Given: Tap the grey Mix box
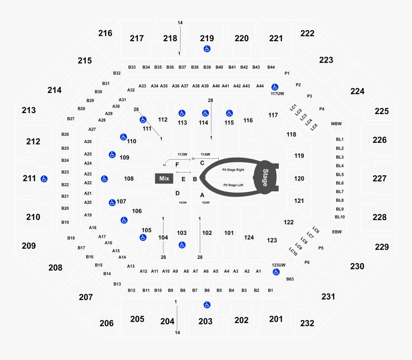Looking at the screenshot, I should click(164, 179).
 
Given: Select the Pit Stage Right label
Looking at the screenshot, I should click(233, 170).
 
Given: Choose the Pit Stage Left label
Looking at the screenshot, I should click(233, 185).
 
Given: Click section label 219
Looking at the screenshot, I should click(207, 38).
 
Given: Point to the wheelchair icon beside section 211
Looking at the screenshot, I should click(44, 179).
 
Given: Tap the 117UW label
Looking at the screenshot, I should click(277, 93).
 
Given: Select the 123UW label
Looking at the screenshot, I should click(278, 265).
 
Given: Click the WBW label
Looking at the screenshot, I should click(336, 124).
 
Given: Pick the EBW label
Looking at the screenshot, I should click(336, 232).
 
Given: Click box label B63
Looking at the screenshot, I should click(290, 279).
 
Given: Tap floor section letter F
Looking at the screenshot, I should click(177, 164).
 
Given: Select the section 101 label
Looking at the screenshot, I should click(229, 233).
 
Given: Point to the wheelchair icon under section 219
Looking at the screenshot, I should click(207, 48).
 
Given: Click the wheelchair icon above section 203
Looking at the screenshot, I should click(207, 304).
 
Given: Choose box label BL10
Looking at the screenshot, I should click(340, 217).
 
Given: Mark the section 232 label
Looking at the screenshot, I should click(307, 323).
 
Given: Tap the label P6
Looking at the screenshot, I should click(307, 262).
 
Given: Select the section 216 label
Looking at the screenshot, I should click(105, 33).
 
